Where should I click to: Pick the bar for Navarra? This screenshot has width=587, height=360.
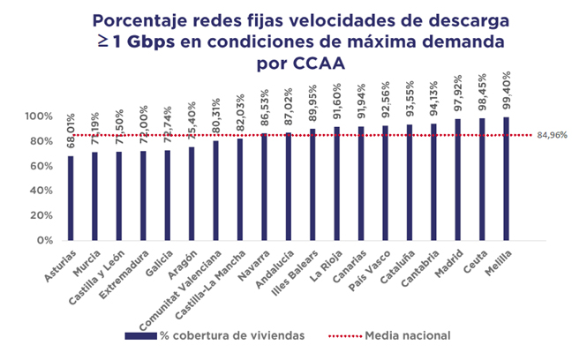coord(264,187)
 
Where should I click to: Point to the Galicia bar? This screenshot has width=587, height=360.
coord(168,195)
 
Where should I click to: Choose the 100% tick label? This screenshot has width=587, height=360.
coord(40,116)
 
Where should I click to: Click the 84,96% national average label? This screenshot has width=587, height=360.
coord(550,136)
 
